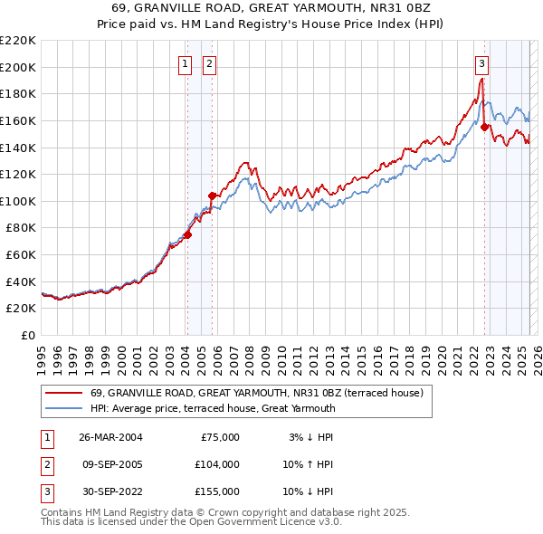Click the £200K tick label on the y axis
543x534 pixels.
point(18,67)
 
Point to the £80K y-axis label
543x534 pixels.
point(21,228)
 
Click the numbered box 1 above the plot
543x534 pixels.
point(185,63)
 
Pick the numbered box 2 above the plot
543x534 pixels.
point(209,63)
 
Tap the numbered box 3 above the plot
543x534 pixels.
point(482,63)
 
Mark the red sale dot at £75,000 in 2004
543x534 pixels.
point(188,234)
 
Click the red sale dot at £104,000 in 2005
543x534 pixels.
point(212,195)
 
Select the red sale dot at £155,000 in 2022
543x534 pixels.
point(484,127)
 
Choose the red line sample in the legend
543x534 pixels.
point(63,394)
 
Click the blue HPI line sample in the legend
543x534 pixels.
point(63,408)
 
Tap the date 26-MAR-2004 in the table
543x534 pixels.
point(110,437)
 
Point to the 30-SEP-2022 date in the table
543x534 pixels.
point(110,491)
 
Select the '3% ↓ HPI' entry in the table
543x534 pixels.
point(309,437)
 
